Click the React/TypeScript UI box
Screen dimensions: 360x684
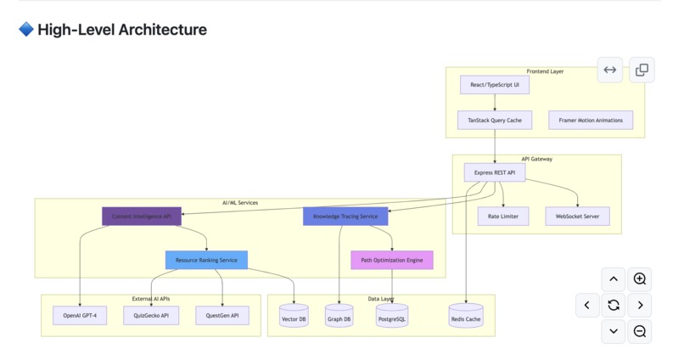495,85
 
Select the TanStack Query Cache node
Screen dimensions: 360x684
495,121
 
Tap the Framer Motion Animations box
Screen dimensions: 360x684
591,121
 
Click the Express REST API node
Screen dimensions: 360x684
495,172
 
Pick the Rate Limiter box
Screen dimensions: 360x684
503,217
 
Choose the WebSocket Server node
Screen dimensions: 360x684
577,217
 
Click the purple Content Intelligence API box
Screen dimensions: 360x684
142,217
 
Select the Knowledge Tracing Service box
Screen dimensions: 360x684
345,217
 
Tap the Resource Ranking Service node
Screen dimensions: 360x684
206,260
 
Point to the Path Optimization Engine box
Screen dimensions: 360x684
392,260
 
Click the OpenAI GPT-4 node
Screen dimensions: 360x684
80,316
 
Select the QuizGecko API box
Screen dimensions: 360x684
151,316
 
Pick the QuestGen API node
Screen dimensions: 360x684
222,316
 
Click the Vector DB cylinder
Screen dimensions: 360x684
294,318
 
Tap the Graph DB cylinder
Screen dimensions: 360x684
339,318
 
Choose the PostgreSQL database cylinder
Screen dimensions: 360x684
392,318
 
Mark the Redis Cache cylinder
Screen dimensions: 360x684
466,318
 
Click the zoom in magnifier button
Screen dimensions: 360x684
640,278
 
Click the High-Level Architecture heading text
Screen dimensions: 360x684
122,30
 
